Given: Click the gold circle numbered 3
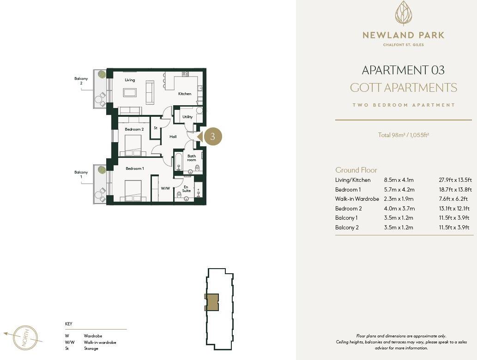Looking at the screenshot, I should (x=212, y=137).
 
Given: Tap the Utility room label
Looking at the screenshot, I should (x=187, y=117).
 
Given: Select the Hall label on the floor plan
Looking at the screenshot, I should (x=173, y=137).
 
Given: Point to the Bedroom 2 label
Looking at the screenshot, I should (x=134, y=129).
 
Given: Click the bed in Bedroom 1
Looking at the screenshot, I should (x=133, y=191).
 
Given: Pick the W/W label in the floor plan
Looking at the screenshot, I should (x=165, y=188).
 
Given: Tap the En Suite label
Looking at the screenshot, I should (x=187, y=189).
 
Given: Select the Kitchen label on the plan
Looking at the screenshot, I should (x=185, y=94).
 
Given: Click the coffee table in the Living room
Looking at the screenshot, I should (x=130, y=92).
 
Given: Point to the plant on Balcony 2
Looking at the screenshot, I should (x=102, y=74).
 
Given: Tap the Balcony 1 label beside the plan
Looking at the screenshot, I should (x=81, y=174).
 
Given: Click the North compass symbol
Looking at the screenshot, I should (x=25, y=337).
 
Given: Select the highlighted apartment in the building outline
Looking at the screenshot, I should (x=212, y=302).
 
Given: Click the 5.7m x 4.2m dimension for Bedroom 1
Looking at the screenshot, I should (x=399, y=190).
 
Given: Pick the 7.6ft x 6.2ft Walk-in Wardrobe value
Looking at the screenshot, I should (x=453, y=199).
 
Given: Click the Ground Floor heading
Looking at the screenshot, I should (x=356, y=170).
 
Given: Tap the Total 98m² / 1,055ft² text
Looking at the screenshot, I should (x=404, y=135).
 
